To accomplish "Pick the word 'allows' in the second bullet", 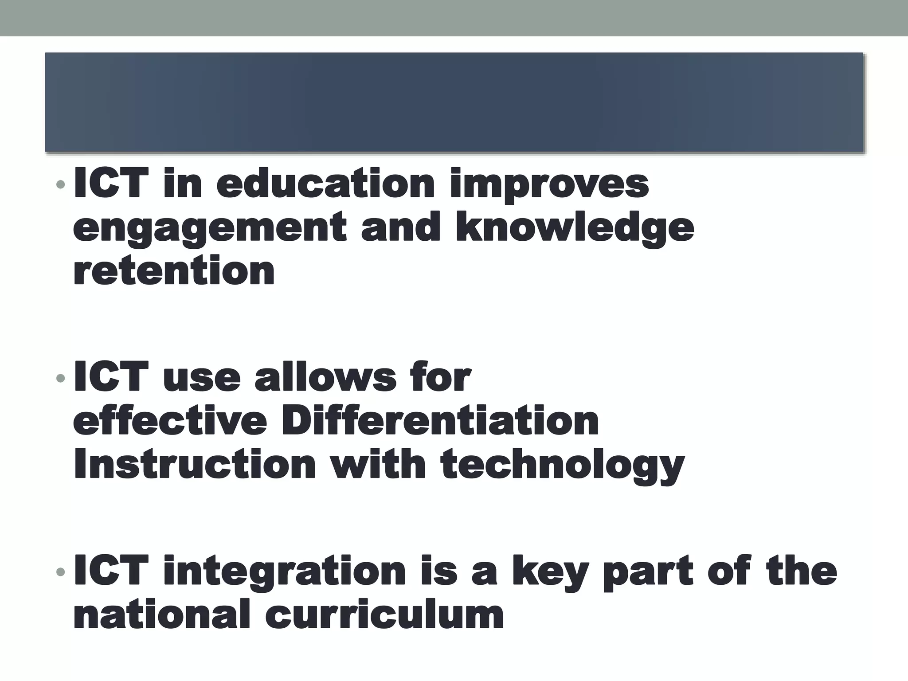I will [x=325, y=377].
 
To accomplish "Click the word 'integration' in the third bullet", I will [x=284, y=572].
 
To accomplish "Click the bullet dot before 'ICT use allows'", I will [x=61, y=378].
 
